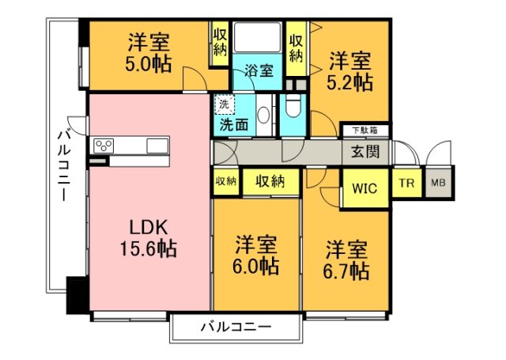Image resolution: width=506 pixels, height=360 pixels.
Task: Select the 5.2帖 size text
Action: point(352,82)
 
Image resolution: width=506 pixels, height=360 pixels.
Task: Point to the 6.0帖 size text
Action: point(255,266)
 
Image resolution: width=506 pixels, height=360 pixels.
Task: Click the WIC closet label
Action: point(364,189)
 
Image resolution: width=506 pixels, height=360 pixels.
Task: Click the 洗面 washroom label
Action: point(233,124)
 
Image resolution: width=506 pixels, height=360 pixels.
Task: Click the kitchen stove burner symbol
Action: point(104,146)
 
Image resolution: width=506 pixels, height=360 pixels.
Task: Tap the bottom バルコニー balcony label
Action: point(236,326)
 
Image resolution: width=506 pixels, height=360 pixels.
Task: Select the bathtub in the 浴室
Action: point(259,40)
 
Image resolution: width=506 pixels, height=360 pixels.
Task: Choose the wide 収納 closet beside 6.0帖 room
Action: point(270,181)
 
